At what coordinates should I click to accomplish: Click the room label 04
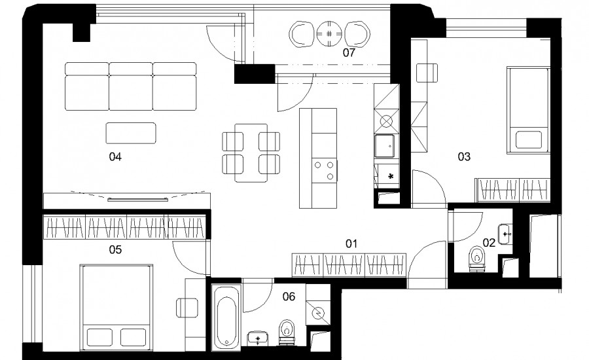point(115,156)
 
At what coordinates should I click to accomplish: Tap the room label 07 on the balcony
point(349,52)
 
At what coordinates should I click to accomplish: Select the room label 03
point(464,156)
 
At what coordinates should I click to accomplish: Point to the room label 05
point(115,249)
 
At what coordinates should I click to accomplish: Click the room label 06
point(289,297)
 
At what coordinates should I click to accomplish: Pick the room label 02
point(489,243)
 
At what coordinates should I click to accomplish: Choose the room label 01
point(351,244)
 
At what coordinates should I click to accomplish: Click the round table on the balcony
point(329,34)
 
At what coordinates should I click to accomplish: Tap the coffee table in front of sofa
point(131,133)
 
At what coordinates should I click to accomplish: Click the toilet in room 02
point(477,258)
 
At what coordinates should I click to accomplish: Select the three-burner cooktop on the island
point(325,170)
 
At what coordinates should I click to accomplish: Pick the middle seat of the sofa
point(131,86)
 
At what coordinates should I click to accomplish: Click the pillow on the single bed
point(529,139)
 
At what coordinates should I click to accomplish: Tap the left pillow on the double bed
point(99,337)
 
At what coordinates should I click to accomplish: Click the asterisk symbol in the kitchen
point(391,176)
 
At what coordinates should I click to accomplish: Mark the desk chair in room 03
point(427,73)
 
